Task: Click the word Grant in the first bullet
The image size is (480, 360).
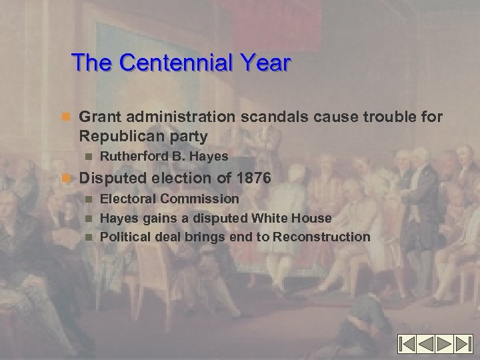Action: coord(100,117)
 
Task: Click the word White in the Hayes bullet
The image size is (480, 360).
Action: coord(270,217)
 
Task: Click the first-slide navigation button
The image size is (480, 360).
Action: coord(409,344)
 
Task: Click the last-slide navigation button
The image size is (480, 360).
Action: coord(463,344)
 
